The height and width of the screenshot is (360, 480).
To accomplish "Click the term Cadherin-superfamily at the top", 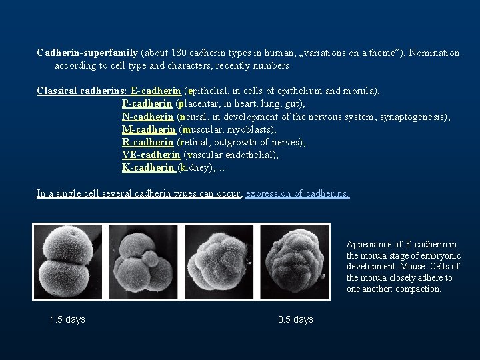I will click(87, 53).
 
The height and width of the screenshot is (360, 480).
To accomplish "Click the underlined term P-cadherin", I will click(148, 103).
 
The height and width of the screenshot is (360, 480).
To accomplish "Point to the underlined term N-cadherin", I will click(148, 117).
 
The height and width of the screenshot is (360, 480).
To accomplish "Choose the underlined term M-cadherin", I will click(149, 129).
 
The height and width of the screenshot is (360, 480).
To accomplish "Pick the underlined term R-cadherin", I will click(148, 142).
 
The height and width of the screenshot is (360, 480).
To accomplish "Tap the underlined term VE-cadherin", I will click(151, 155).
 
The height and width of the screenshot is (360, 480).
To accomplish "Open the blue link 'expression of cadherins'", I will click(297, 193).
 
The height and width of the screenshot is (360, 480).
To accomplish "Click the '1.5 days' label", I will click(68, 320).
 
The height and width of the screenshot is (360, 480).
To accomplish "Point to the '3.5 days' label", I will click(295, 320).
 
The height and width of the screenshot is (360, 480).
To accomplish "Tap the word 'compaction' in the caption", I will click(419, 289).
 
